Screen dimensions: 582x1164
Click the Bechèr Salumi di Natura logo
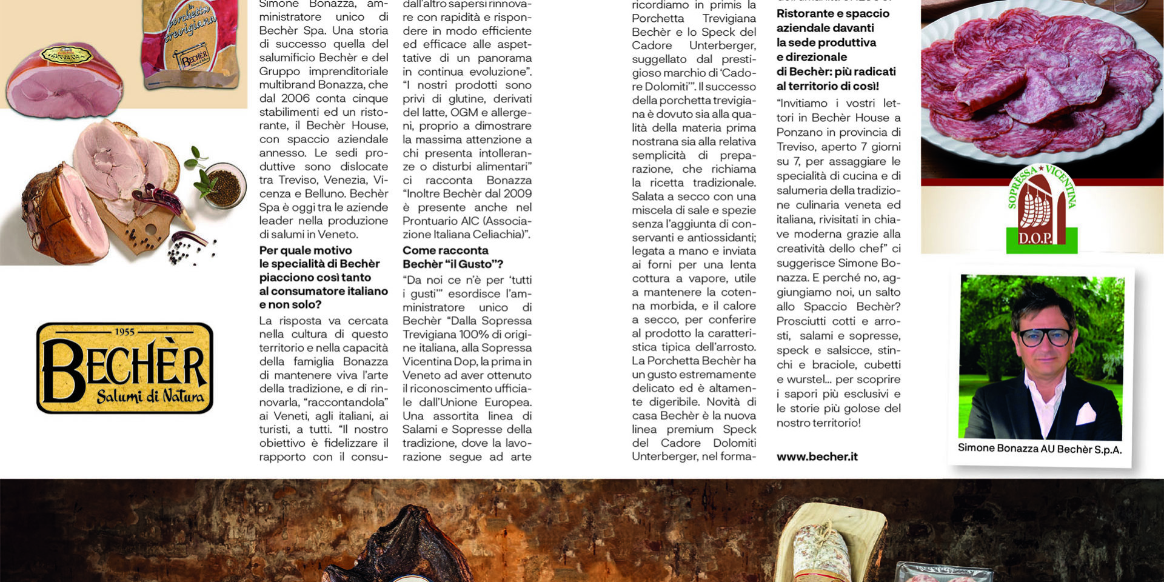point(125,368)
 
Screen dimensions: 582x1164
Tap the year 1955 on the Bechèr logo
point(125,332)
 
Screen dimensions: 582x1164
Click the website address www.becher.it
point(817,457)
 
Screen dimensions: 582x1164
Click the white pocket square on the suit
point(1085,413)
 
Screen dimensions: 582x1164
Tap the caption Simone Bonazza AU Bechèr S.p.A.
point(1039,449)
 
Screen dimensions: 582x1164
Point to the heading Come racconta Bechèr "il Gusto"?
point(452,257)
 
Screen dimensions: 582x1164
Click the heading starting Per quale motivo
point(323,277)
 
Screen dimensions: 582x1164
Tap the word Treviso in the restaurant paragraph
point(795,147)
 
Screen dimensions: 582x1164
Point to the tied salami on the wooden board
point(815,552)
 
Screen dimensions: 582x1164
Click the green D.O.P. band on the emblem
point(1041,239)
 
